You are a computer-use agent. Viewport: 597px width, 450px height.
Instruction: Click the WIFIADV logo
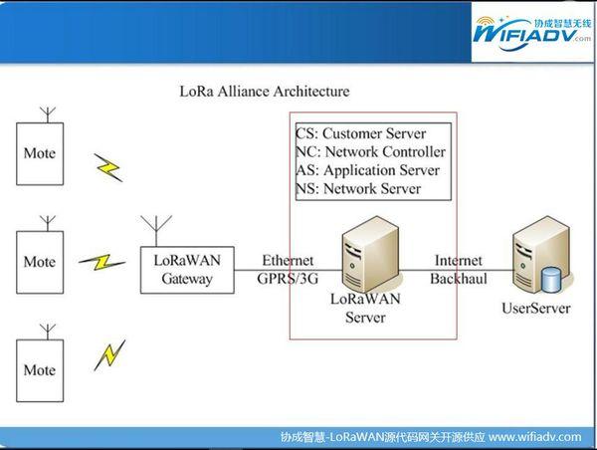[x=532, y=34]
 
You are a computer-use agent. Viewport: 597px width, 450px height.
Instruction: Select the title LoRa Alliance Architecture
[x=265, y=92]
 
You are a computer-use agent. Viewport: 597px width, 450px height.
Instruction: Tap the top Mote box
[x=40, y=153]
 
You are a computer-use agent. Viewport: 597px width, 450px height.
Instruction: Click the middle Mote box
[x=40, y=262]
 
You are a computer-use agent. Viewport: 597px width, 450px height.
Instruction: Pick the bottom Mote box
[x=40, y=370]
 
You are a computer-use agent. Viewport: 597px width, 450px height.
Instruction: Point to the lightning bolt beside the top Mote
[x=108, y=167]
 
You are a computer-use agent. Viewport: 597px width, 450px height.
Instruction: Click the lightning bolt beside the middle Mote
[x=102, y=262]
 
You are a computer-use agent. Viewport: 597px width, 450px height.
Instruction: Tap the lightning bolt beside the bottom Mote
[x=109, y=355]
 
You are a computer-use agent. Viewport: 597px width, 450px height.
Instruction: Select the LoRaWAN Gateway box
[x=187, y=270]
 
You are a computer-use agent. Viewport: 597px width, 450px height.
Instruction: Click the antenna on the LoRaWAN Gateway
[x=156, y=231]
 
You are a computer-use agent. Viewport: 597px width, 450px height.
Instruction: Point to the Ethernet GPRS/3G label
[x=288, y=270]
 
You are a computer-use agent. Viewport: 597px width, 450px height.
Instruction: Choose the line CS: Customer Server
[x=361, y=133]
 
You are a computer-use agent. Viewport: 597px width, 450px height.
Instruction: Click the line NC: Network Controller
[x=371, y=151]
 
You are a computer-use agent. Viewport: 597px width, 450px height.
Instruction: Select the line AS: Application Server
[x=368, y=170]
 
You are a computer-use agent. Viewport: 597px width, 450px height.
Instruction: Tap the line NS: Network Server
[x=358, y=188]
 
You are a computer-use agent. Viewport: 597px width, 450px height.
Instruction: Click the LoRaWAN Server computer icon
[x=370, y=255]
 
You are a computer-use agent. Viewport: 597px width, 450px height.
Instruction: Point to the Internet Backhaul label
[x=459, y=270]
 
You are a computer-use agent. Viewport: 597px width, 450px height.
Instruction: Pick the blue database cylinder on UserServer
[x=551, y=280]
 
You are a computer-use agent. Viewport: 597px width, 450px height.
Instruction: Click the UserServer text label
[x=536, y=308]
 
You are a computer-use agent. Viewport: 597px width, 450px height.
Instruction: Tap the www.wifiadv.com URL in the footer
[x=535, y=437]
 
